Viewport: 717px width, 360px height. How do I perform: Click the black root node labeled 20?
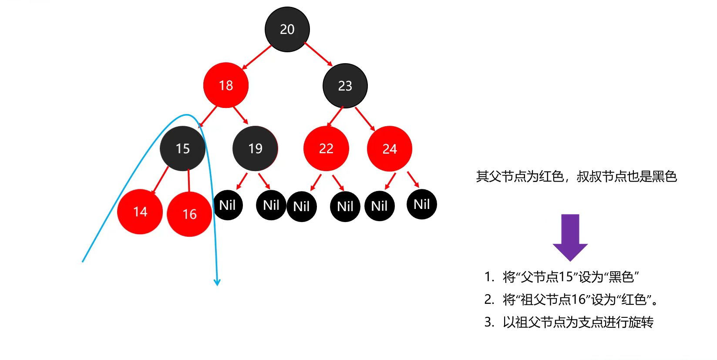coord(287,30)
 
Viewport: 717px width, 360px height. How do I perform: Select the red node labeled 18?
coord(226,85)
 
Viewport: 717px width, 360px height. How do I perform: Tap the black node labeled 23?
coord(345,86)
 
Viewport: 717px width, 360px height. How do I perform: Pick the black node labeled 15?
coord(183,148)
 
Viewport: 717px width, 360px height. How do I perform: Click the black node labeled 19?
coord(256,148)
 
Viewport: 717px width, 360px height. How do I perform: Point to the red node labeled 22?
coord(326,148)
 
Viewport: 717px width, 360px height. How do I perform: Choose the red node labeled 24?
coord(390,149)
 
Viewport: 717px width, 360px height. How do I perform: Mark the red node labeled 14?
coord(140,212)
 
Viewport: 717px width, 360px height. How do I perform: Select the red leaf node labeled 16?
coord(189,214)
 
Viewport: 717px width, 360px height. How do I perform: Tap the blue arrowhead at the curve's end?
coord(217,283)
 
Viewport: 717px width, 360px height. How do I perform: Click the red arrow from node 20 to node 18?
coord(257,57)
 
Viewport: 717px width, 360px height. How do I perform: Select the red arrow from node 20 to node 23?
coord(319,54)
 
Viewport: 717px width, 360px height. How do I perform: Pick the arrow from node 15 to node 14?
coord(160,180)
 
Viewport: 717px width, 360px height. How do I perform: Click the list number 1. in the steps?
coord(489,276)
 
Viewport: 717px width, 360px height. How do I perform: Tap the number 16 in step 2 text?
coord(579,299)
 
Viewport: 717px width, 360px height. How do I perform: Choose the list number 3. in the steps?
coord(489,322)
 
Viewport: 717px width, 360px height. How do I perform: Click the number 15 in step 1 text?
coord(566,276)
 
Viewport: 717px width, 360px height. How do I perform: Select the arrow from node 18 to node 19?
coord(241,115)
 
